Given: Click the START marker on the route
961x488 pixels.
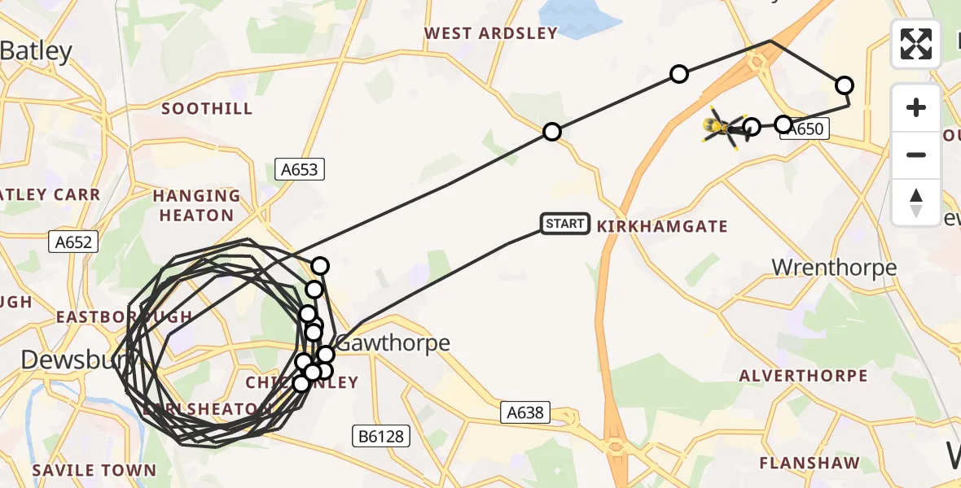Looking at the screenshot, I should point(565,224).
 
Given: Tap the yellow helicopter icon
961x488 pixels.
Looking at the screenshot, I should point(723,127).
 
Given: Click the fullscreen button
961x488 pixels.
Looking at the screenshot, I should point(916,44).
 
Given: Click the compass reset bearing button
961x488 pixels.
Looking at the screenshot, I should point(916,202).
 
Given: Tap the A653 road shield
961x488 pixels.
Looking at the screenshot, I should point(300,169).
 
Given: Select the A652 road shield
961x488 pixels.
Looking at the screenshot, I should point(72,242).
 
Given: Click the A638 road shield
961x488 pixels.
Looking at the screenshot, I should point(525,413).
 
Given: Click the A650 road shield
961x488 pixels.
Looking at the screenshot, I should point(805,129).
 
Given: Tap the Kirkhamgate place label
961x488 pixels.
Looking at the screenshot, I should point(662,226).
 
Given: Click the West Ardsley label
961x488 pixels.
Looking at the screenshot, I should point(491,33).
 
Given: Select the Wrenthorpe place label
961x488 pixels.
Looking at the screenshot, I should point(834,268).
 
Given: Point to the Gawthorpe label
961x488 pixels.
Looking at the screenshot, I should point(393,343).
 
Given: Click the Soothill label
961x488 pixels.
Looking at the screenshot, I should point(207,108).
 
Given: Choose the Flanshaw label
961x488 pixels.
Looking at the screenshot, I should point(810,464).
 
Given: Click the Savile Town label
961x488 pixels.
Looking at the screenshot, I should point(94,470).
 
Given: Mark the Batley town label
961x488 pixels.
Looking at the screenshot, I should point(37,51).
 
